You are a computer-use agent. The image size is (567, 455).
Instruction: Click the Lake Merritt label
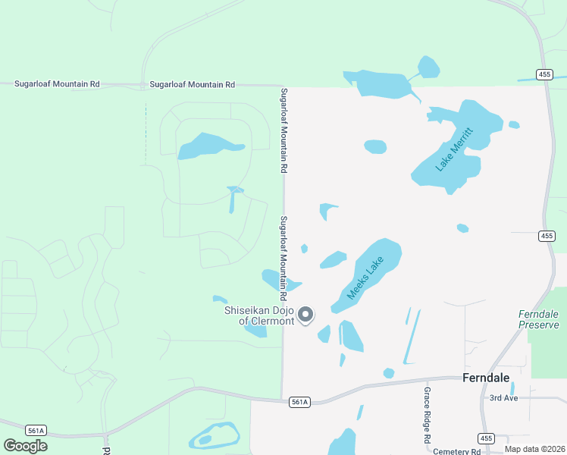[x=455, y=149]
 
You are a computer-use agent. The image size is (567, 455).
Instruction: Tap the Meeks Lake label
[x=365, y=278]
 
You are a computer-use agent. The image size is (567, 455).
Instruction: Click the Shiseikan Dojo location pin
[x=305, y=314]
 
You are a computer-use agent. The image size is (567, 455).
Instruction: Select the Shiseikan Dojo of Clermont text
[x=258, y=315]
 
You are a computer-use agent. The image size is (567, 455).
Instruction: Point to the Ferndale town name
[x=486, y=378]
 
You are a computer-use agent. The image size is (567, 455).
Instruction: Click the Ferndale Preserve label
[x=538, y=319]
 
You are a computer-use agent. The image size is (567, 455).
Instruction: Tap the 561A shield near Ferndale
[x=299, y=402]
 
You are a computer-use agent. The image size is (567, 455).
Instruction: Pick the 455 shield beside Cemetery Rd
[x=487, y=438]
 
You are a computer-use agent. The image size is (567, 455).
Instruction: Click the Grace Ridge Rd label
[x=428, y=415]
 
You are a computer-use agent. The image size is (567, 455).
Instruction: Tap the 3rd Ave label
[x=503, y=397]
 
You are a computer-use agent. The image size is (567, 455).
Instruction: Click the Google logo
[x=25, y=445]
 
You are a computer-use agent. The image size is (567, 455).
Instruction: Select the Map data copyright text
[x=534, y=449]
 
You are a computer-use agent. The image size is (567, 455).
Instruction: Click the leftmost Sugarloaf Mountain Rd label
[x=57, y=83]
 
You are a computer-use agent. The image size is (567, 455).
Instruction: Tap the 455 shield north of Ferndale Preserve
[x=546, y=236]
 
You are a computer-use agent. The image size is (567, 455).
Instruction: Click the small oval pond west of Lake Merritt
[x=375, y=146]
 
